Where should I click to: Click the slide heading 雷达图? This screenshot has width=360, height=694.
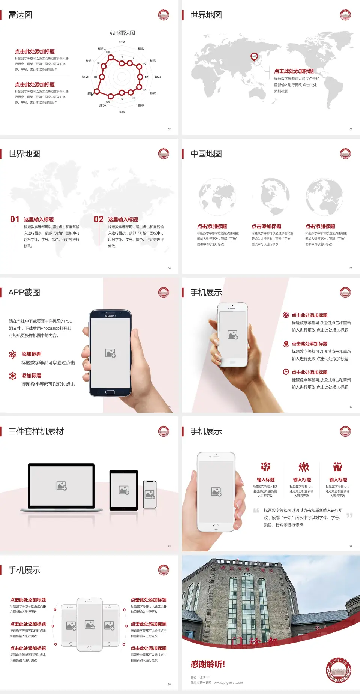coord(20,15)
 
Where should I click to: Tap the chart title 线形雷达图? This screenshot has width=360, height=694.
coord(122,33)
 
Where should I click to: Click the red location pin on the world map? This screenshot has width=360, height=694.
coord(254,57)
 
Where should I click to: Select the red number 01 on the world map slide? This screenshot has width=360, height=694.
coord(15,219)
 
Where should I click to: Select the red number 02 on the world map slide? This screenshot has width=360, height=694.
coord(99,219)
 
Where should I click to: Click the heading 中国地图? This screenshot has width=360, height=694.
coord(206,154)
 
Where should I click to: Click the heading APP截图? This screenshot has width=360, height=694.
coord(24,293)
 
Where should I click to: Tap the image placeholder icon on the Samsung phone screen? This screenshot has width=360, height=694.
coord(110,353)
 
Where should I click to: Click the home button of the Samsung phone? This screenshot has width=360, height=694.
coord(110,392)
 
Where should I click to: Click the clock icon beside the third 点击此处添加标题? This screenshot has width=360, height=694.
coord(286,372)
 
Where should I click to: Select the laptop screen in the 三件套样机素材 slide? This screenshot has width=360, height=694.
coord(61,485)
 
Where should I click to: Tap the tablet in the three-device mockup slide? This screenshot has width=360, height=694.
coord(124,490)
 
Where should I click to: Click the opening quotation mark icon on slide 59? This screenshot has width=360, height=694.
coord(256,511)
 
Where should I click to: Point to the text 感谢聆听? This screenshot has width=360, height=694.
coord(208,664)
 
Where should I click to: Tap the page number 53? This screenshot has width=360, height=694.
coord(351,129)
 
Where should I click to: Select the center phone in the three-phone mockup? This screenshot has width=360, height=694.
coord(90,624)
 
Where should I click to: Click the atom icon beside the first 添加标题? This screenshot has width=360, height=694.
coord(13,355)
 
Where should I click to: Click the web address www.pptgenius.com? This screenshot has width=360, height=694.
coord(228,683)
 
